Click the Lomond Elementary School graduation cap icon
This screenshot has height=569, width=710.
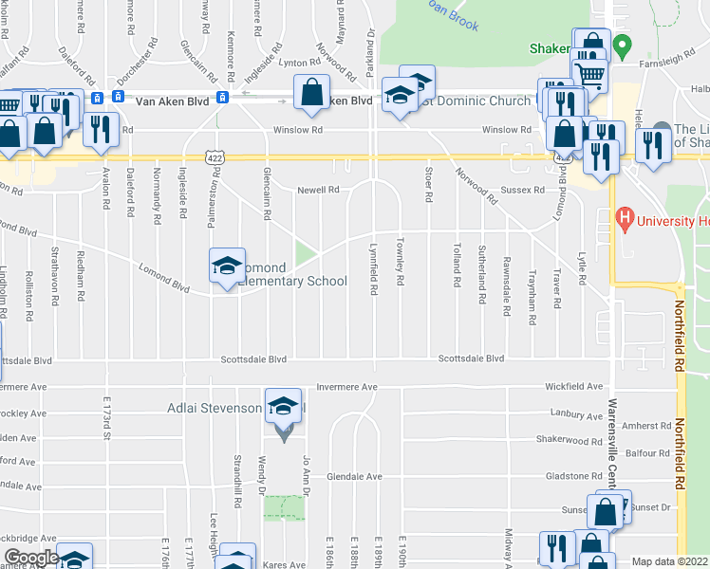pos(227,266)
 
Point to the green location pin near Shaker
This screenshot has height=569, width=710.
pos(622,45)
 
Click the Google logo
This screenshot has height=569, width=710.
pos(30,558)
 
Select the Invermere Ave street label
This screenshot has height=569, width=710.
pos(346,387)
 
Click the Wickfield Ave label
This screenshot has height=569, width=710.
pos(573,387)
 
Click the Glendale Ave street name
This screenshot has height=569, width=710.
pos(355,476)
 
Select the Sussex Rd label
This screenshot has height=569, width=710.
pos(523,190)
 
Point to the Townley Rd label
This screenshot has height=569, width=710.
pos(402,252)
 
